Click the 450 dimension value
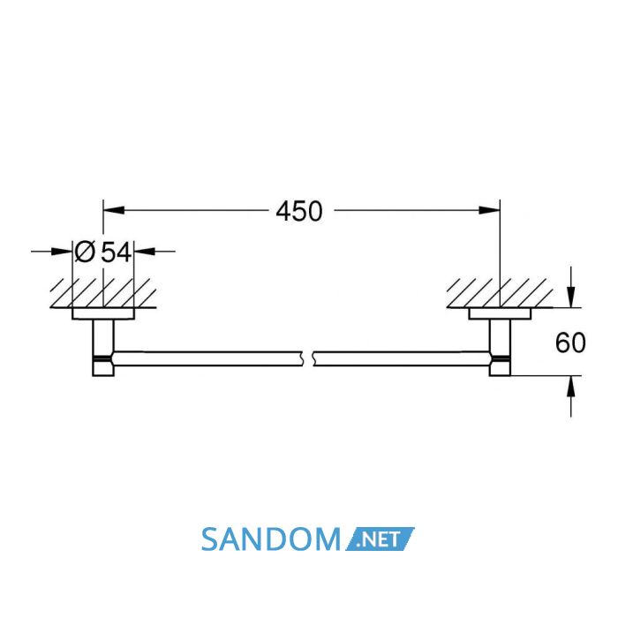pos(298,211)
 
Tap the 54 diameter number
pos(116,252)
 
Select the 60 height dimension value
pos(570,343)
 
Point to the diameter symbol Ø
pos(85,252)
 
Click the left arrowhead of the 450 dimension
pos(114,210)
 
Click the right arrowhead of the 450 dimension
pos(489,210)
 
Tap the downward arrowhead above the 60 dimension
pos(570,298)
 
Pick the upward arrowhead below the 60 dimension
pos(570,386)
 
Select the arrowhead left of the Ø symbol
pos(62,251)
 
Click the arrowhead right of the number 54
pos(144,251)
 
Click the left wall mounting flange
pos(103,313)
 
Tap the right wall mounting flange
pos(500,313)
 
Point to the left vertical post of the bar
pos(103,347)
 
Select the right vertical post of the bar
pos(500,347)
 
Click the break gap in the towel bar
pos(308,358)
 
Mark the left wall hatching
pos(103,293)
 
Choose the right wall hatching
pos(500,293)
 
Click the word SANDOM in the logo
pos(271,539)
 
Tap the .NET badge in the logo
pos(380,539)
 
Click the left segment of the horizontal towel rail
pos(207,358)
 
